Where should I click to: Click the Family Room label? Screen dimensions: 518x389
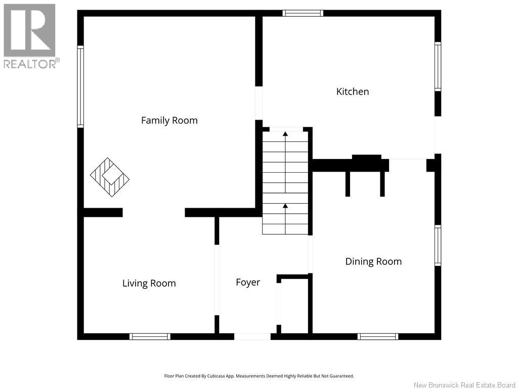[x=169, y=121]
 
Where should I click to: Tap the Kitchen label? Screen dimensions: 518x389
[x=353, y=92]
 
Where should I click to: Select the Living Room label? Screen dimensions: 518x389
[x=149, y=284]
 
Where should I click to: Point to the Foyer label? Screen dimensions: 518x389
[x=248, y=283]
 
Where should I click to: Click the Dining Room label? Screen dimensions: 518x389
[x=373, y=262]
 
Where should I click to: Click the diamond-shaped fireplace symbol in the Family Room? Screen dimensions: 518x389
[x=110, y=177]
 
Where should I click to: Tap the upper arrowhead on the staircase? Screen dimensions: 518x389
[x=285, y=134]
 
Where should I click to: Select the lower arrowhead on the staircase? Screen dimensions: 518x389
[x=285, y=206]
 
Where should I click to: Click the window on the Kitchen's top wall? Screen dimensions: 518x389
[x=303, y=13]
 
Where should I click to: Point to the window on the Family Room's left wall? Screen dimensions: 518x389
[x=80, y=87]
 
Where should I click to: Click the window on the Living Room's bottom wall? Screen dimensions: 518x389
[x=150, y=337]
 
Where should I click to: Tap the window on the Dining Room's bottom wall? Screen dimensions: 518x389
[x=377, y=337]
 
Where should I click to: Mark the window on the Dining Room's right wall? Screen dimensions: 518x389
[x=438, y=246]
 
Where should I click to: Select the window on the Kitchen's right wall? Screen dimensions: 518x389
[x=438, y=66]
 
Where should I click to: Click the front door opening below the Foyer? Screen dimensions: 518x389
[x=252, y=337]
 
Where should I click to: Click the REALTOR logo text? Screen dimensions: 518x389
[x=32, y=63]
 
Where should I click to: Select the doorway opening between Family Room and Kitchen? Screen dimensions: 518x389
[x=258, y=103]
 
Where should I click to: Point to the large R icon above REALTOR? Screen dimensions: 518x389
[x=29, y=30]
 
